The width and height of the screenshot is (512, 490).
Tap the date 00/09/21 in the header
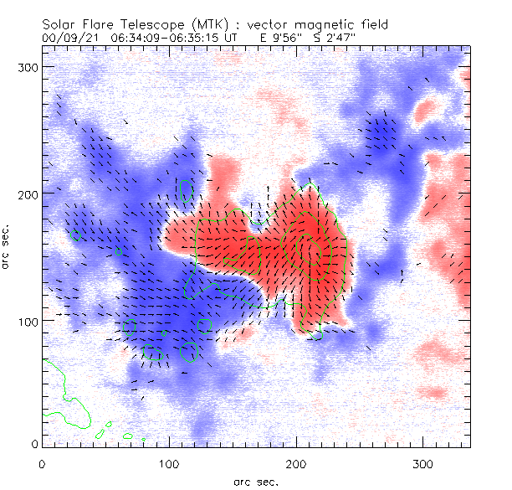point(66,37)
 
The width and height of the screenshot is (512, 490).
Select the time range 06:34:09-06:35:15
point(163,37)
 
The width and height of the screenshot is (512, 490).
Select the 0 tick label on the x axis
point(42,463)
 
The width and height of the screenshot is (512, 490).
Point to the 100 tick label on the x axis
point(169,463)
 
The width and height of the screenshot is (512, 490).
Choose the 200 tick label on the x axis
point(296,463)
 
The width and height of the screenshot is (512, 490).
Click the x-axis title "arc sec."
point(255,481)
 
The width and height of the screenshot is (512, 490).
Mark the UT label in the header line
point(238,37)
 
